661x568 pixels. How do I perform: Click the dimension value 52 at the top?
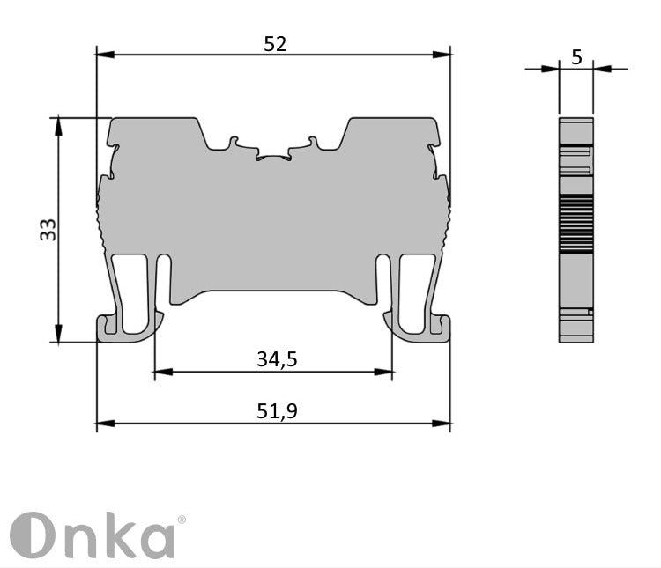[x=275, y=43]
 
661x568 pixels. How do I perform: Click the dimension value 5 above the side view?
[x=576, y=57]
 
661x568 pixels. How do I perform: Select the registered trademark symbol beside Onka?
[x=182, y=520]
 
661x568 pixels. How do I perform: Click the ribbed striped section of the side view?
[x=576, y=225]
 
